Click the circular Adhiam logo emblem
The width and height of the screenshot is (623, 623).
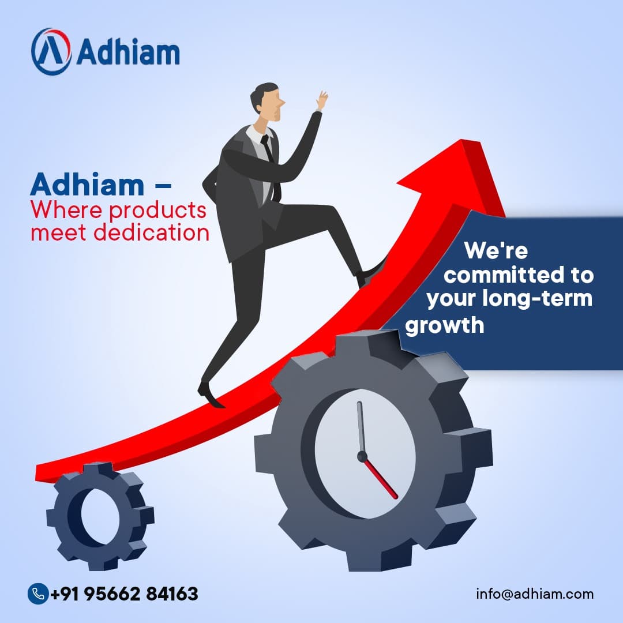(51, 52)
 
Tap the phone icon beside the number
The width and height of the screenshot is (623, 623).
(38, 594)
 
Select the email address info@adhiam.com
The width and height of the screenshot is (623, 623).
(535, 594)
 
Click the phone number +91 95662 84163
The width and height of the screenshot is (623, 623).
(125, 594)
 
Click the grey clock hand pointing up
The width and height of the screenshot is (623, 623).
(361, 427)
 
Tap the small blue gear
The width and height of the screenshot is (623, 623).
(100, 516)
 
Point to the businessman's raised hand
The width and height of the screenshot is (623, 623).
(322, 100)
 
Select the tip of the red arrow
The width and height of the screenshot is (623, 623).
(461, 140)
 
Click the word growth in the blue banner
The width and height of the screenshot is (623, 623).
(445, 326)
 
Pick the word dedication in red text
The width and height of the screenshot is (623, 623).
(151, 232)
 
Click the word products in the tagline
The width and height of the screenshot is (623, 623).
(157, 211)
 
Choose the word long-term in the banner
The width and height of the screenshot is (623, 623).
(537, 298)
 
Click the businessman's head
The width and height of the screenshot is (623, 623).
(268, 102)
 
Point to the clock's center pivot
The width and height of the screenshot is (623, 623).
(362, 456)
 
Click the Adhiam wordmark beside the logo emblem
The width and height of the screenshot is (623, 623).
(128, 52)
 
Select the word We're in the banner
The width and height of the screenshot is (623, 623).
(496, 250)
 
